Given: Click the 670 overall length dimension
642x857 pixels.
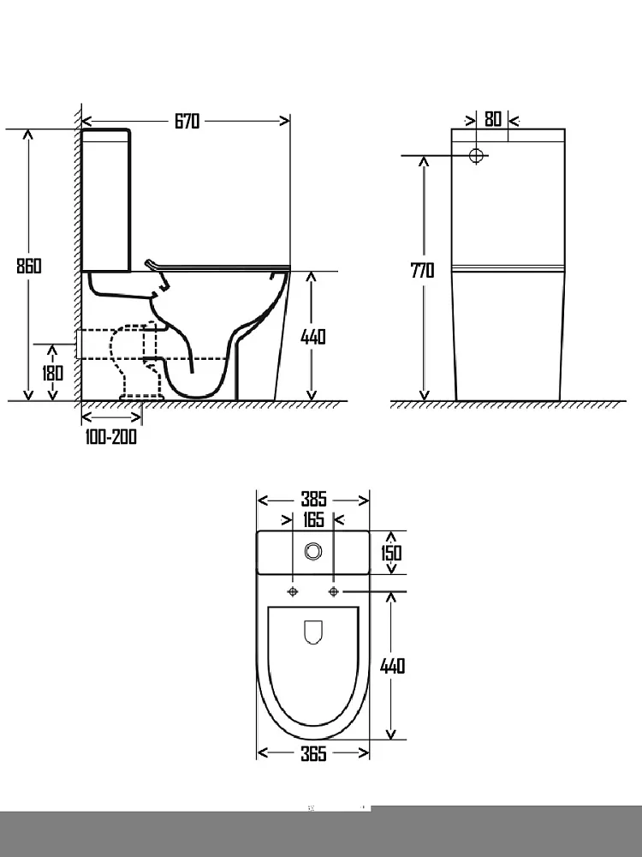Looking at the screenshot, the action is pos(187,121).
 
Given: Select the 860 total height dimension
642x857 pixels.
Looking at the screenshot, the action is pos(28,266).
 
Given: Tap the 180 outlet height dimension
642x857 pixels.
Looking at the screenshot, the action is pos(52,373).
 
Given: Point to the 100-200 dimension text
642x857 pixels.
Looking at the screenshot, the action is pos(110,437).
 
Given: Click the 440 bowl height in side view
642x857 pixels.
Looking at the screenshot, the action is pos(313,337).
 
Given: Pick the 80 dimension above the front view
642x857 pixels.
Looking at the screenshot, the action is pos(493,118).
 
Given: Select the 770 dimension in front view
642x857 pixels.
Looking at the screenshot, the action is pos(423,270).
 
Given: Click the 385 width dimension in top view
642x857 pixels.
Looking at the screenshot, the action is pos(313,499).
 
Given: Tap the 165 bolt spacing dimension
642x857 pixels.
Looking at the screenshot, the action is pos(313,519).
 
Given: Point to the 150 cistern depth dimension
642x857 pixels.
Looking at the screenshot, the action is pos(391,553).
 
